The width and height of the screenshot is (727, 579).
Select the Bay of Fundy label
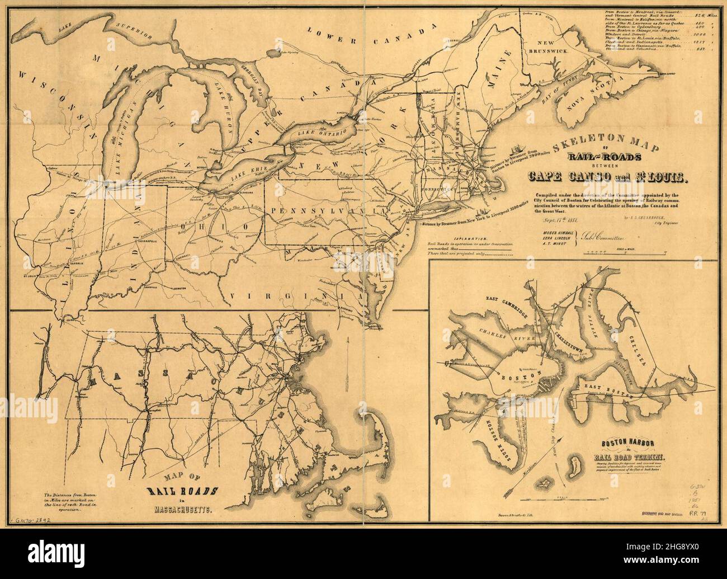545,95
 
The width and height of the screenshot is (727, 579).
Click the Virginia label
283,296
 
